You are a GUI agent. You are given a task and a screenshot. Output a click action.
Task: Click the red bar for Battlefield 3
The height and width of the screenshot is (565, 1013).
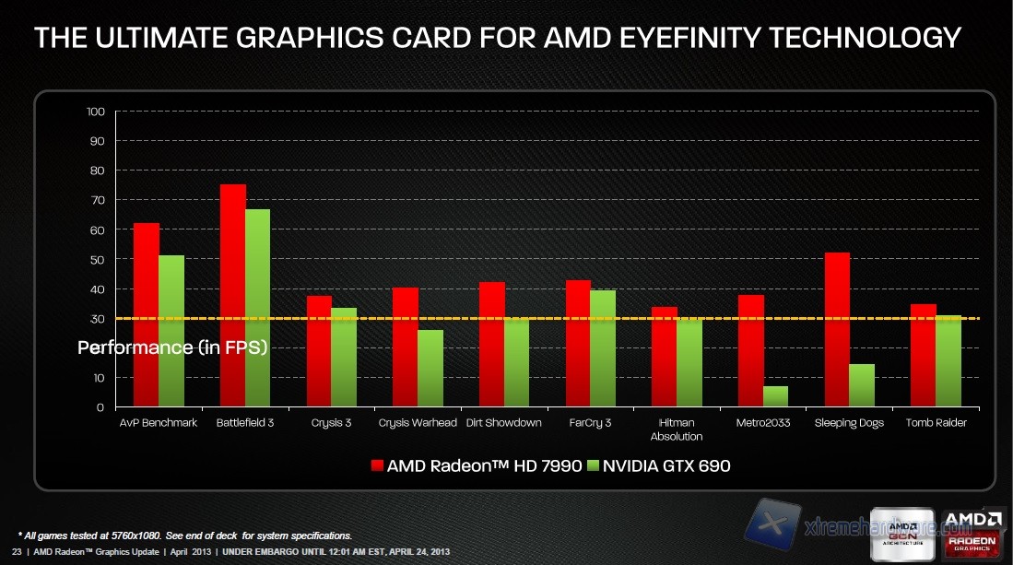232,295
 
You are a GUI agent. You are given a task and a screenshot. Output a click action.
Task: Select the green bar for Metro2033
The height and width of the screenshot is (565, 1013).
775,396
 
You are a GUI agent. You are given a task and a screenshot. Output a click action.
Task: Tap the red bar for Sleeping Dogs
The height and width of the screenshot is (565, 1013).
836,329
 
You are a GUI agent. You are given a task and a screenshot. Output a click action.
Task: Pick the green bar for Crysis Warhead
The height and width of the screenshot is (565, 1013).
430,368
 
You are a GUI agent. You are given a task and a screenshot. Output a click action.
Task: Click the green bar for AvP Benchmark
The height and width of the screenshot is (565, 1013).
171,331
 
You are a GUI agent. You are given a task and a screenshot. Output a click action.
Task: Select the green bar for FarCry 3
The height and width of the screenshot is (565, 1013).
603,348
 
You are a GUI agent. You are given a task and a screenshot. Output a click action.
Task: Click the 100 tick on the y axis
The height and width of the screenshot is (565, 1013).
96,112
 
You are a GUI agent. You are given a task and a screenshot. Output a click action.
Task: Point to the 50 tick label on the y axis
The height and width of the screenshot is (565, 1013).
96,259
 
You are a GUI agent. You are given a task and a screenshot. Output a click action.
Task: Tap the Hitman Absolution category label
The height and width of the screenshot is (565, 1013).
677,430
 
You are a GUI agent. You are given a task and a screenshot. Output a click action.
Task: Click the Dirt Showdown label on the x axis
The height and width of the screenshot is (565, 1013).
503,423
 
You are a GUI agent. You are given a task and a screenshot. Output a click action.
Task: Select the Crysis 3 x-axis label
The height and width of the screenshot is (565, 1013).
330,423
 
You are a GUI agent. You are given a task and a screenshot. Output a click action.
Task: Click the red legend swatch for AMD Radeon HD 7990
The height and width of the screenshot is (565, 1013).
375,465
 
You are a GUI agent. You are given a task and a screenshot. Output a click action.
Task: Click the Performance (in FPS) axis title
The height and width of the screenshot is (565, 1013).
172,347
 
